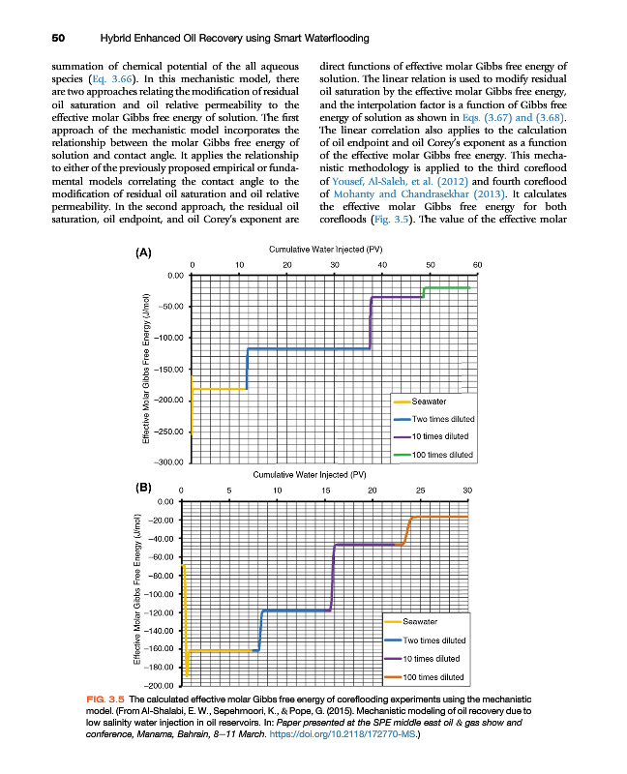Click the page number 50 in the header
tap(57, 38)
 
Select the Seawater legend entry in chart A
tap(427, 401)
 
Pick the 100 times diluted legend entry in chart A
tap(442, 454)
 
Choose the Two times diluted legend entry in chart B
tap(434, 640)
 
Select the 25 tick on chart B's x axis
tap(420, 490)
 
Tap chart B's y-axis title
tap(137, 592)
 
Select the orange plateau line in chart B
tap(440, 518)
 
